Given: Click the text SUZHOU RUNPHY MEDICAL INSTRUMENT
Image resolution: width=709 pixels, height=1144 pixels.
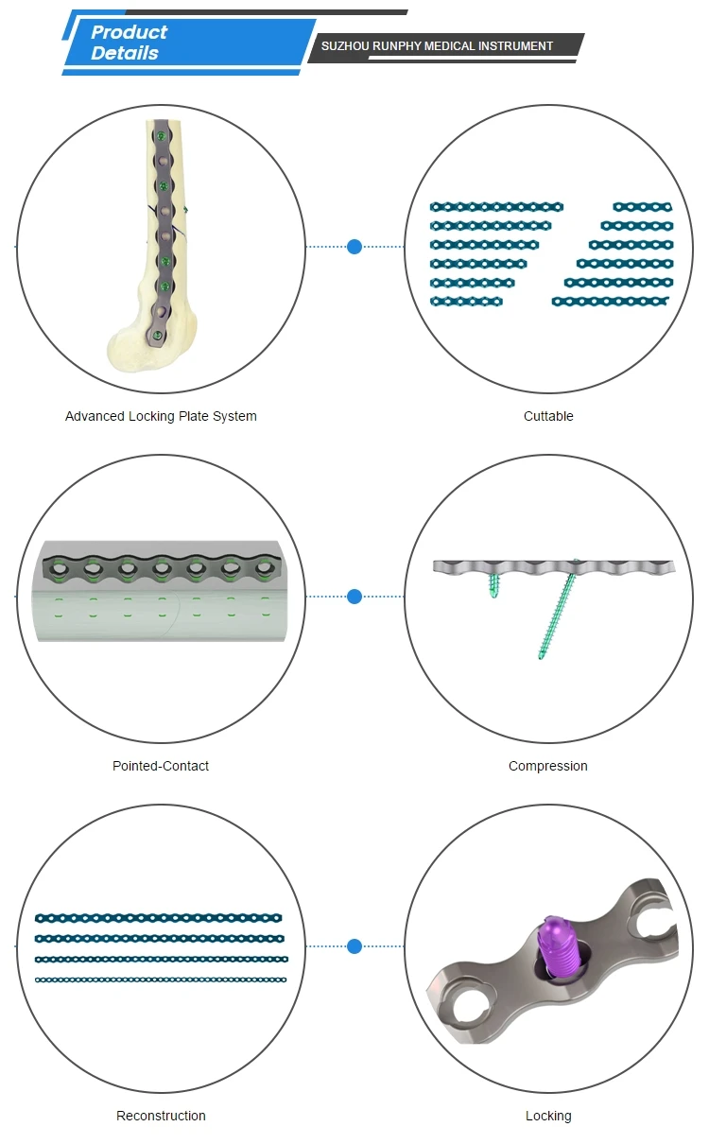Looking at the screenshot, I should click(x=437, y=45).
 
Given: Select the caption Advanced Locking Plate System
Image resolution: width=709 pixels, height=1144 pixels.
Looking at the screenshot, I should click(x=161, y=416).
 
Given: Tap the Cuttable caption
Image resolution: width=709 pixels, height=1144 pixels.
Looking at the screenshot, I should click(x=548, y=416).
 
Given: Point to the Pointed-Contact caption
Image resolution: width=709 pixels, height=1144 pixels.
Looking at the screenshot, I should click(x=161, y=766).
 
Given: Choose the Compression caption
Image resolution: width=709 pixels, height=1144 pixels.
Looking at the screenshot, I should click(x=548, y=766).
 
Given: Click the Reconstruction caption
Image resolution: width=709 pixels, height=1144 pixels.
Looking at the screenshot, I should click(x=161, y=1116).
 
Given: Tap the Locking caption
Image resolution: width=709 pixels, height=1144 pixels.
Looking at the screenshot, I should click(x=548, y=1116).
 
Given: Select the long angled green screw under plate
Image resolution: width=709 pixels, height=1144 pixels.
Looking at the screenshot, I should click(x=557, y=615).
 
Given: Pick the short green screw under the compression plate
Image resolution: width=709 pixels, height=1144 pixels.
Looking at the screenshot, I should click(x=494, y=585).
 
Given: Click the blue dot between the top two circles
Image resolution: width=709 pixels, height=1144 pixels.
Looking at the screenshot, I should click(x=354, y=247).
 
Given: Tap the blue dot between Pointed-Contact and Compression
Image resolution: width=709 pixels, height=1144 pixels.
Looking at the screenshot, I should click(x=354, y=597).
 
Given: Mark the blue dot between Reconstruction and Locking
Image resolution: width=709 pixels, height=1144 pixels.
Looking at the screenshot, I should click(x=354, y=946).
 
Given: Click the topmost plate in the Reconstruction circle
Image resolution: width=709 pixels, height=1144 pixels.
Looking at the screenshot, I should click(x=159, y=917).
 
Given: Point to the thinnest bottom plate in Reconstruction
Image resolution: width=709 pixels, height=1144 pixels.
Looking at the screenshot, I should click(x=161, y=979).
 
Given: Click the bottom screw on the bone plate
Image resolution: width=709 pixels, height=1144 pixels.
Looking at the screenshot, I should click(x=157, y=333).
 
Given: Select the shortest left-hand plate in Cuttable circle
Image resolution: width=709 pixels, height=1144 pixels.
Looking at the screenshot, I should click(x=466, y=302).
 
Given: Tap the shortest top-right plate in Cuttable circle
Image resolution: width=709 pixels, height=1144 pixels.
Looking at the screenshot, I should click(x=642, y=206).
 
